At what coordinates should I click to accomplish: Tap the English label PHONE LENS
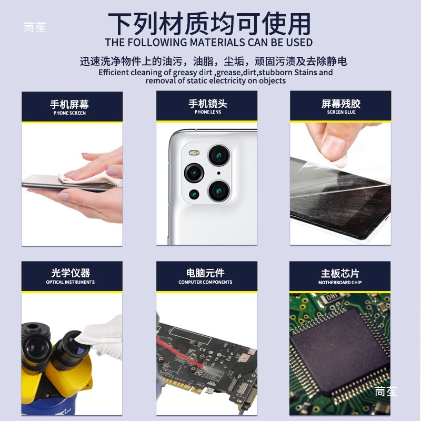pos(207,112)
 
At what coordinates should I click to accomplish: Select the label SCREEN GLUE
pos(342,112)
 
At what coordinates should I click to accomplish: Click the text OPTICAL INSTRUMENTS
pos(71,282)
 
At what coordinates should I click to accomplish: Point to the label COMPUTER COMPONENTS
pos(205,282)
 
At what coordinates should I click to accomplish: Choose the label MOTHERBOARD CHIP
pos(340,283)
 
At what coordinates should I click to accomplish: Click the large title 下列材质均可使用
pos(209,24)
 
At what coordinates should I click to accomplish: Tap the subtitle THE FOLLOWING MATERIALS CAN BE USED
pos(208,43)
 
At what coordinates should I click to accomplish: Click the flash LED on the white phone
pos(194,153)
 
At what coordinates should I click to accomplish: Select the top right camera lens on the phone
pos(219,156)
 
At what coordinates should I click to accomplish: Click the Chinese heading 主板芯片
pos(340,273)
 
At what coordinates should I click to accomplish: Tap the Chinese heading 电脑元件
pos(205,273)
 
